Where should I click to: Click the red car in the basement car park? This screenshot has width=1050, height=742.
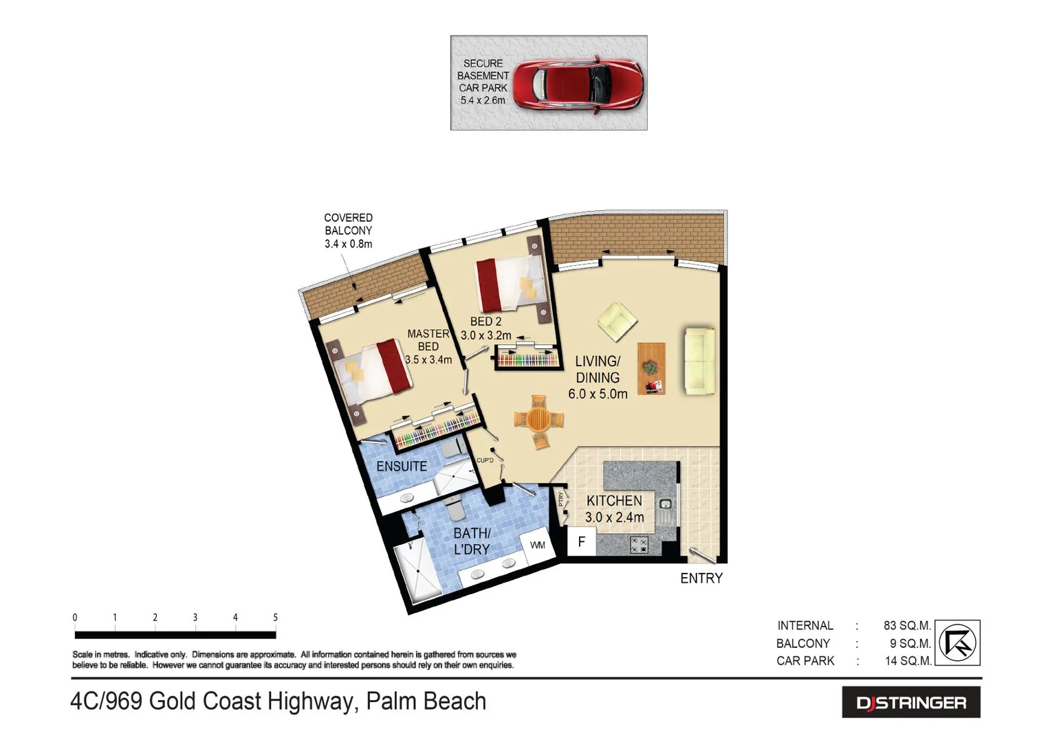click(x=578, y=84)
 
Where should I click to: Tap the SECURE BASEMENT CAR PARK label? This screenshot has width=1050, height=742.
click(x=483, y=82)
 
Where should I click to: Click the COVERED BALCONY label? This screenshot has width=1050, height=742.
click(x=348, y=231)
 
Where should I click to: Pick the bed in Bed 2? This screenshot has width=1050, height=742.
click(x=512, y=284)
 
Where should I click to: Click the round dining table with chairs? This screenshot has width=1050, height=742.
click(x=538, y=420)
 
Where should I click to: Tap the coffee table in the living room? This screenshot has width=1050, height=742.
click(x=651, y=368)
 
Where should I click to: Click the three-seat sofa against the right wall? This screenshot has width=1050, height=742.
click(x=700, y=361)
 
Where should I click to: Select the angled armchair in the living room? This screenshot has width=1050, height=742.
click(x=616, y=321)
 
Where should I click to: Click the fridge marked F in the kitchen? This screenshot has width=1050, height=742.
click(x=581, y=542)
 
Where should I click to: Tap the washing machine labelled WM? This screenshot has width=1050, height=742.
click(x=537, y=546)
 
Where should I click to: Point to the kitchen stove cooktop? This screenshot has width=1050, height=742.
click(x=639, y=545)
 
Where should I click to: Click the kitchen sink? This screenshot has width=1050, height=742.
click(x=665, y=509)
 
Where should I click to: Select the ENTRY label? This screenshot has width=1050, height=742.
click(x=701, y=578)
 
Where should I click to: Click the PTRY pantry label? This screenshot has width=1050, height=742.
click(x=561, y=499)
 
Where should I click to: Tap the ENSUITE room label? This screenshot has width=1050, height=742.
click(x=402, y=466)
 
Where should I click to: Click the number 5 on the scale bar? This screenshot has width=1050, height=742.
click(x=275, y=618)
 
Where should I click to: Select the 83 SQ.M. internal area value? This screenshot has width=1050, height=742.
click(x=906, y=626)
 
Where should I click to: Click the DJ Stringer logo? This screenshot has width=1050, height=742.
click(x=910, y=703)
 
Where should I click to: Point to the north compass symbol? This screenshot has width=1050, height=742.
click(x=958, y=643)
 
